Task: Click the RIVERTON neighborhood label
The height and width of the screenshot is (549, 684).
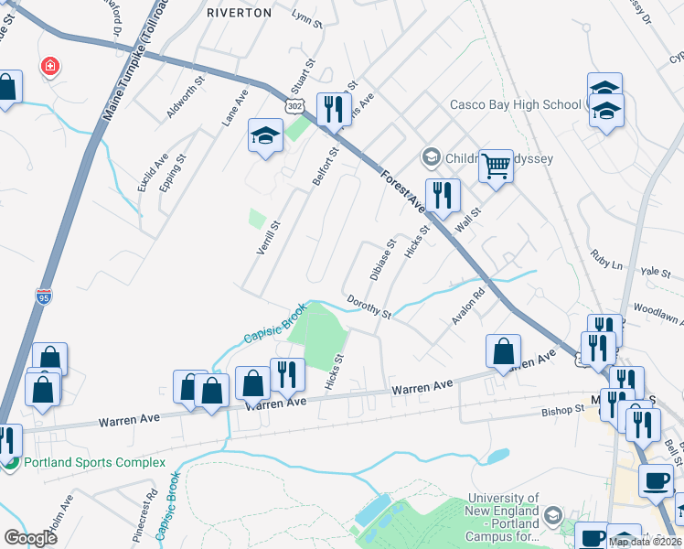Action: point(239,13)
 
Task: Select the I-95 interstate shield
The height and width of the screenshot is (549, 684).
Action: point(43,296)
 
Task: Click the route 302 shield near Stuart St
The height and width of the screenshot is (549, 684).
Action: point(294,107)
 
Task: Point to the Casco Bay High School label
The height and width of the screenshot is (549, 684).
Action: point(515,104)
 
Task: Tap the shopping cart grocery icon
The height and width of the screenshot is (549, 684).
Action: point(496,167)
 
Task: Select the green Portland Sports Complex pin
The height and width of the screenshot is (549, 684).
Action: point(10,462)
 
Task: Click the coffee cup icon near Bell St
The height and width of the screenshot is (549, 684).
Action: point(655,479)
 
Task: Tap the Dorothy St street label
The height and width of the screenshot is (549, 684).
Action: point(369,307)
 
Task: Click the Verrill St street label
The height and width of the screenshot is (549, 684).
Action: point(269,237)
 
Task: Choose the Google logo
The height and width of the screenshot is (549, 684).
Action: point(30,538)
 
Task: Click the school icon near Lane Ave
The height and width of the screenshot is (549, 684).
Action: point(265,137)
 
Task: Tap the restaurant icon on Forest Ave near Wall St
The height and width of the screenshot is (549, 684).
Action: point(442,194)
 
